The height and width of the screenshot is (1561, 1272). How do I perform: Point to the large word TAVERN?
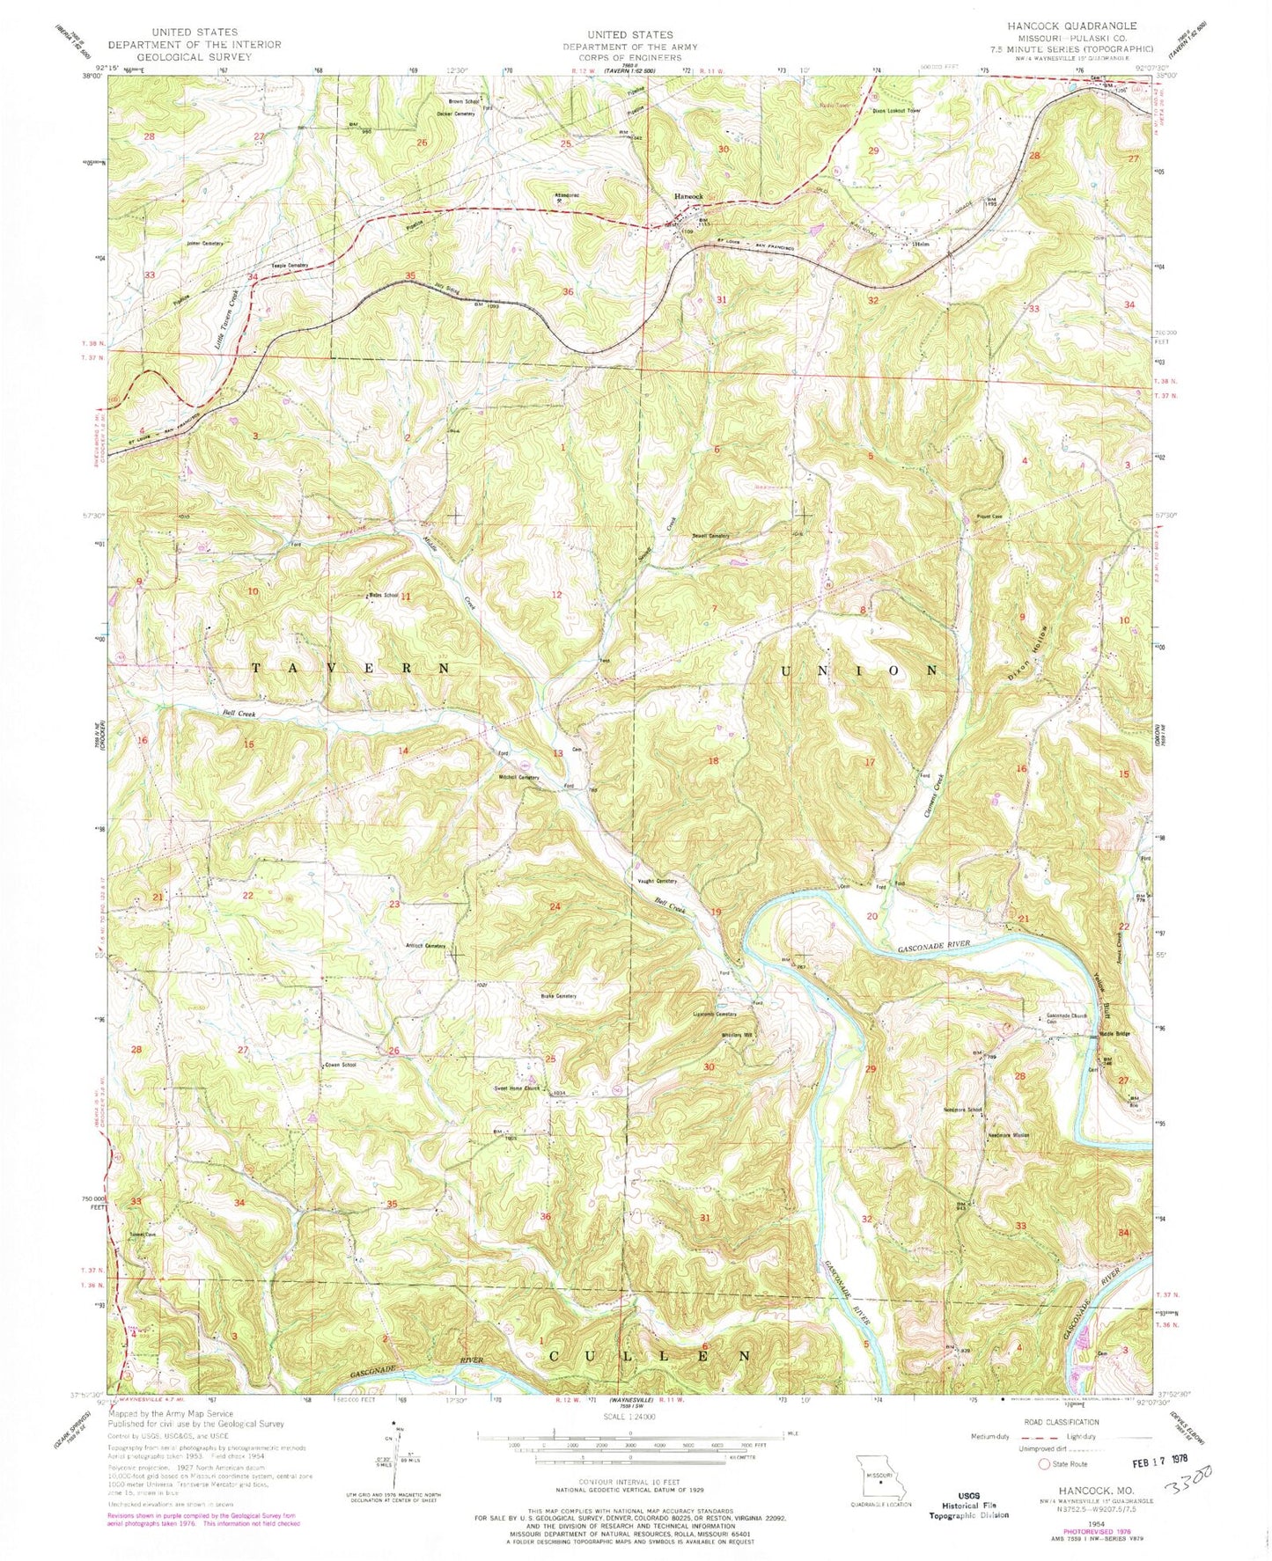351,669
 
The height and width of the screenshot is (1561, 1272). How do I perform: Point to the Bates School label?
377,596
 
